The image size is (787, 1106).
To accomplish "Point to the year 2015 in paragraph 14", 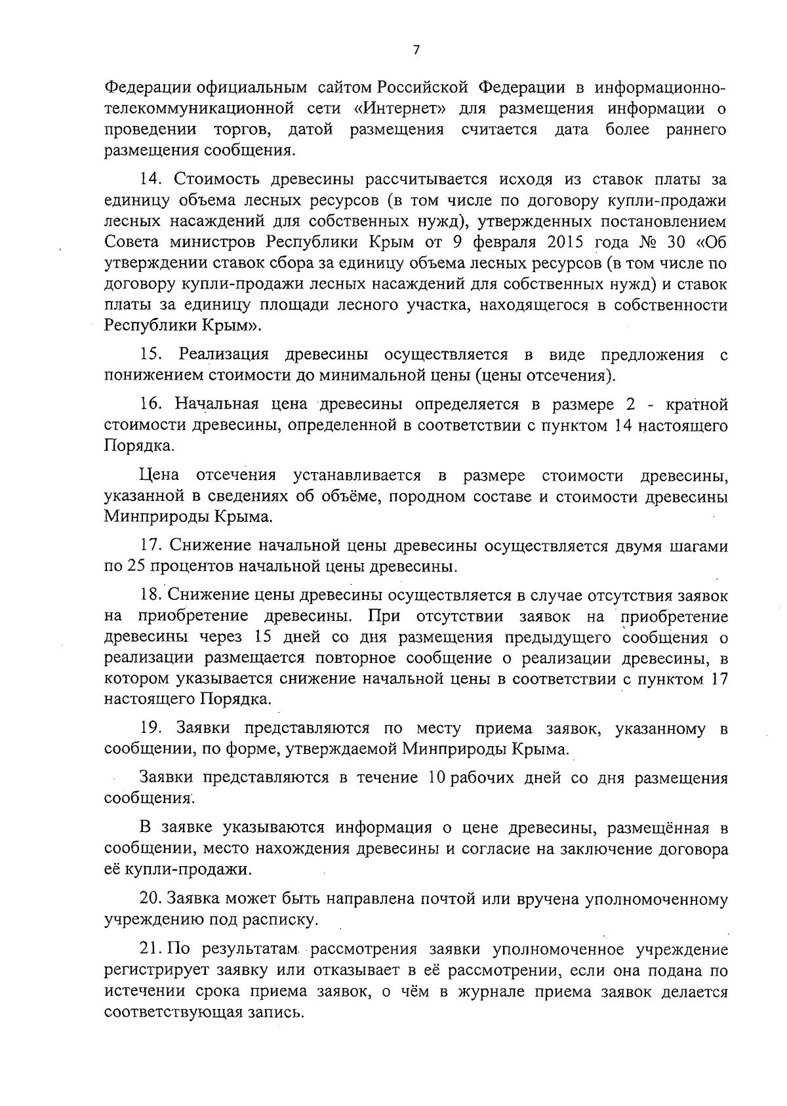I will click(568, 242).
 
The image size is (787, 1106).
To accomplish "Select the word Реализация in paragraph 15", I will click(224, 355).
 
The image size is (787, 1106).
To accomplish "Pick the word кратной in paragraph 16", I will click(695, 405).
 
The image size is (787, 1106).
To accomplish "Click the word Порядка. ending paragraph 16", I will click(131, 446).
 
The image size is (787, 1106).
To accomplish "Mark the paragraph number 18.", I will click(153, 595).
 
